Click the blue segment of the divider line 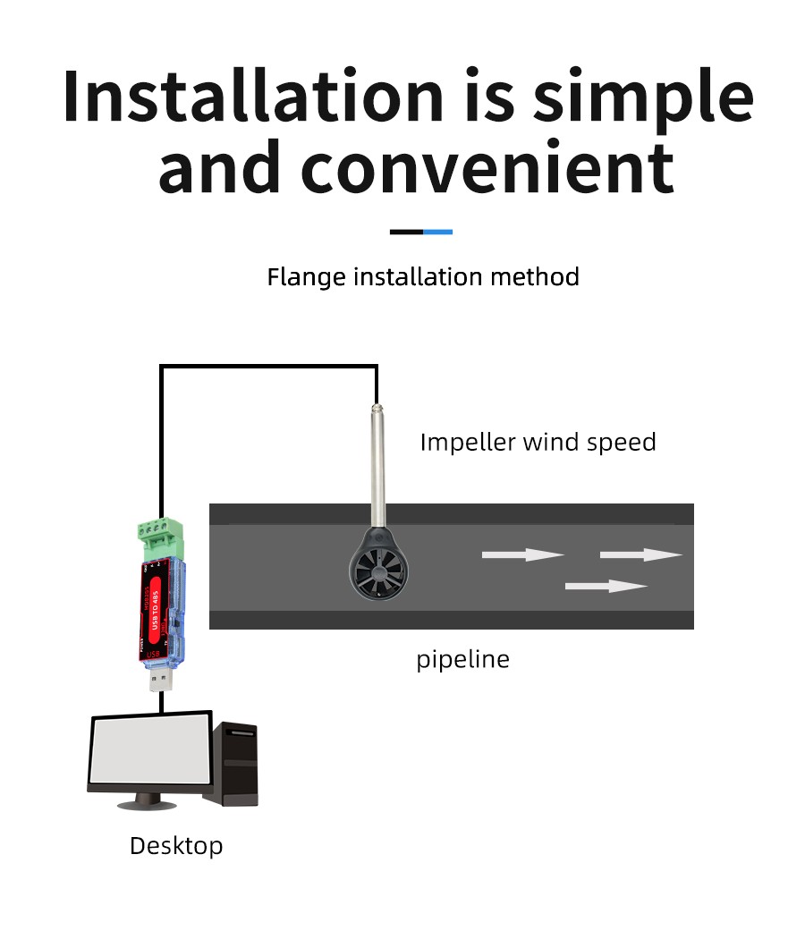(x=437, y=232)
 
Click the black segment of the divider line (x=406, y=232)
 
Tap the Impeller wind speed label (x=538, y=442)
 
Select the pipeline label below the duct (x=462, y=660)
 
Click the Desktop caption (x=176, y=846)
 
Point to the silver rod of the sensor (x=377, y=465)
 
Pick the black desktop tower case (x=239, y=765)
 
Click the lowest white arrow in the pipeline (x=606, y=587)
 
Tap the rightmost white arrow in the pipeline (x=640, y=555)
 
